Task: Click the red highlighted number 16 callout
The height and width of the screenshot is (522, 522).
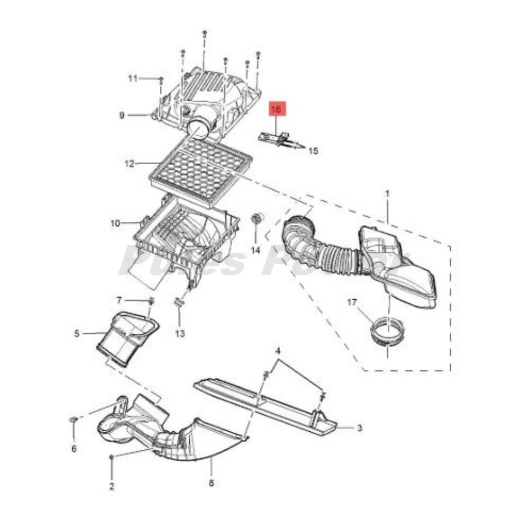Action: point(276,110)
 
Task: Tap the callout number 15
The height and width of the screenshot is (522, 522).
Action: point(313,151)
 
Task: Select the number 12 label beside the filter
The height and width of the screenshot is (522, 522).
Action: point(129,163)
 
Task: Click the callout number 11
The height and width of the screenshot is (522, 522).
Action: point(133,78)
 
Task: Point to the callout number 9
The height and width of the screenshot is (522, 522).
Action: point(122,115)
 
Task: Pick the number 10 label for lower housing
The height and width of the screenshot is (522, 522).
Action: point(115,223)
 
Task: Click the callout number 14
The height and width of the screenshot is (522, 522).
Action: point(256,250)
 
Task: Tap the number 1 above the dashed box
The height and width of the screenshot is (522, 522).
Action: point(387,194)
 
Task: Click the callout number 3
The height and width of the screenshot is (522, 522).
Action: point(359,428)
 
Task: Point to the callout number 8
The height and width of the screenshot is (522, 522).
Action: point(212,483)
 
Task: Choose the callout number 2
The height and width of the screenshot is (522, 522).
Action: point(111,486)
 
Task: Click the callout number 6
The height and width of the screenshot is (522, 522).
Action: point(74,449)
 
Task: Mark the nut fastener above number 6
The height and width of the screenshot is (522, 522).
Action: point(73,420)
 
